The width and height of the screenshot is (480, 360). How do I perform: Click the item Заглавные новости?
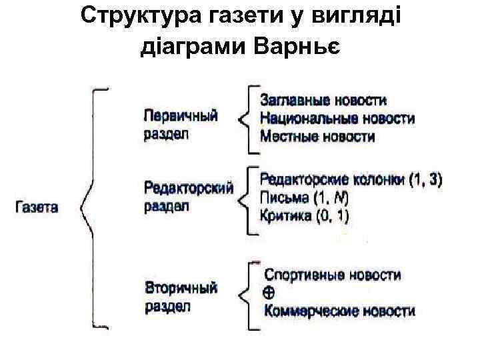coord(323,101)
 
